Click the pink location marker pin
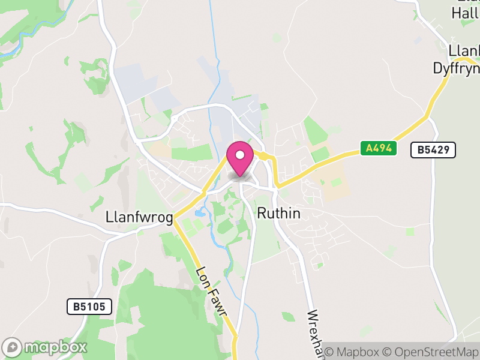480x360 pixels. click(x=240, y=158)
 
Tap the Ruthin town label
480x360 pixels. click(x=278, y=213)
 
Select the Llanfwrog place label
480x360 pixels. click(x=139, y=217)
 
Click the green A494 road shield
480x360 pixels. click(x=379, y=148)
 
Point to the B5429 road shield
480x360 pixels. click(x=433, y=150)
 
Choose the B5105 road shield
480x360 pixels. click(x=89, y=307)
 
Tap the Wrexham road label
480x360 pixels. click(x=316, y=333)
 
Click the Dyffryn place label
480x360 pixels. click(x=456, y=68)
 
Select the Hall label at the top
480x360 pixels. click(x=466, y=13)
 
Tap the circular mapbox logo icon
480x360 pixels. click(x=13, y=347)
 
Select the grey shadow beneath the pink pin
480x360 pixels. click(x=240, y=175)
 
